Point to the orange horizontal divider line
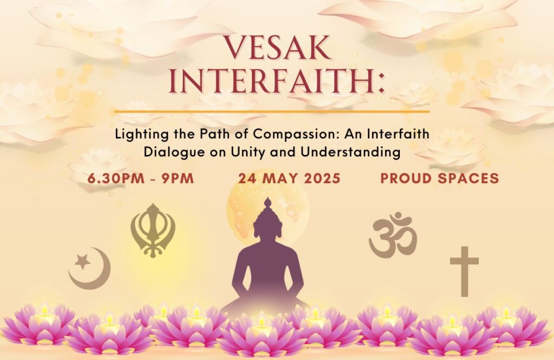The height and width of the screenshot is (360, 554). pos(272,111)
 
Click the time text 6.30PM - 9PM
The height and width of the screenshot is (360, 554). pos(141,178)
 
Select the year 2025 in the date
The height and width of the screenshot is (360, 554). pos(322,178)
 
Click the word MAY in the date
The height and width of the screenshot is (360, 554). pos(281,178)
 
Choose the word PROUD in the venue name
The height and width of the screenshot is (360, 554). pos(407,178)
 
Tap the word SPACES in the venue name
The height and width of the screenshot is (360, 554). pos(469,178)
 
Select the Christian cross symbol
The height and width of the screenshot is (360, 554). pos(464,271)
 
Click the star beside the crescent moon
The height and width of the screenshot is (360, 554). pos(83,262)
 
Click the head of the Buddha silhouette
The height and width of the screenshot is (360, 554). pos(268,221)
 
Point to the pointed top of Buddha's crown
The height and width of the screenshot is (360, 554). pos(268,198)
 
